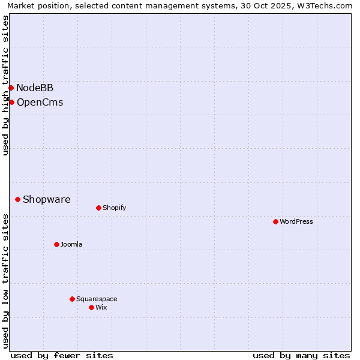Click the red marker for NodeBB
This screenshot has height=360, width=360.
tap(11, 88)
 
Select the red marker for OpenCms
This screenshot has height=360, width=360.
tap(11, 102)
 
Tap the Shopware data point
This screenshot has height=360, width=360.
tap(17, 199)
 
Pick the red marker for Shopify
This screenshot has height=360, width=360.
tap(98, 208)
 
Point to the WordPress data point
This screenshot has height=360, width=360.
tap(275, 221)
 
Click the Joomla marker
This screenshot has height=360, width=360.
tap(56, 244)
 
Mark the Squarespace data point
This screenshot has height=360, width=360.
tap(72, 299)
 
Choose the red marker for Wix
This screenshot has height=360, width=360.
tap(91, 307)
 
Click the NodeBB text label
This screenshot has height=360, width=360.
tap(35, 88)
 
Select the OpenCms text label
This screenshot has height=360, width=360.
tap(40, 103)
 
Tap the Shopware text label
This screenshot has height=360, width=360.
tap(46, 200)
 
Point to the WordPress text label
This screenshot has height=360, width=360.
tap(296, 221)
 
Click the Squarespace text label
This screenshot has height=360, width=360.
tap(97, 299)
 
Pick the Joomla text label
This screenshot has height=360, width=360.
tap(71, 244)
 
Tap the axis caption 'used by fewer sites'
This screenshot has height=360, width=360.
tap(62, 355)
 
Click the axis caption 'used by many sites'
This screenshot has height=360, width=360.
tap(301, 355)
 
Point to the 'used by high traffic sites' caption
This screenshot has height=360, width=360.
tap(5, 85)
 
